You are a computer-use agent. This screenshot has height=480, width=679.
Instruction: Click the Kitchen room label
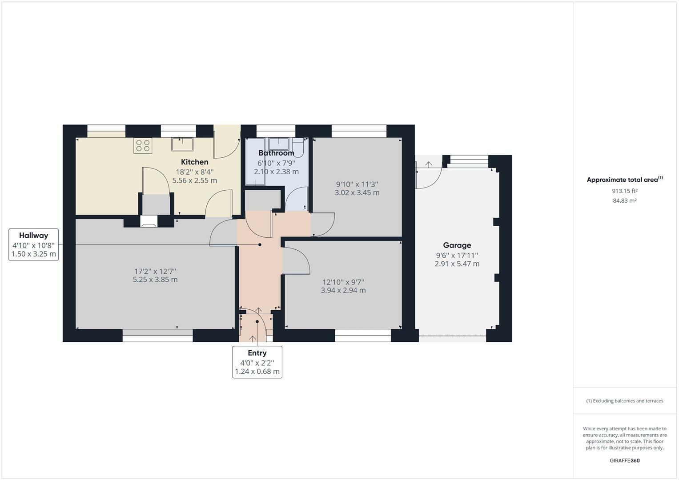click(x=194, y=162)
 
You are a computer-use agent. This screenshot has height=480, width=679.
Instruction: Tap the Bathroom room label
click(x=276, y=153)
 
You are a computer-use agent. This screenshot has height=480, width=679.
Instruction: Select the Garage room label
click(x=457, y=245)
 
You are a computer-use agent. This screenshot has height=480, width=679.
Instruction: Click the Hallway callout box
click(x=34, y=244)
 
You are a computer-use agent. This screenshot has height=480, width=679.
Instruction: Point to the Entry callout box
click(x=257, y=362)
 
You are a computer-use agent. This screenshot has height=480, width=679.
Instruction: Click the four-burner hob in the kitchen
click(x=143, y=146)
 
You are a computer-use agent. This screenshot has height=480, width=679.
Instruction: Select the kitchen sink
click(x=182, y=144)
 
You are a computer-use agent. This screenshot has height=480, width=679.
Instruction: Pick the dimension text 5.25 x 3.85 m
click(x=155, y=280)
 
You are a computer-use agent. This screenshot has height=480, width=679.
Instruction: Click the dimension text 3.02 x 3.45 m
click(x=357, y=193)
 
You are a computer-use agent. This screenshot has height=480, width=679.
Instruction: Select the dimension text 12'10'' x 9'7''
click(x=343, y=282)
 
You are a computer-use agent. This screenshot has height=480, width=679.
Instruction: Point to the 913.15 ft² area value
click(x=624, y=191)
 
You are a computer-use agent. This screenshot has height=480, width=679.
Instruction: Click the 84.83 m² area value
click(x=624, y=201)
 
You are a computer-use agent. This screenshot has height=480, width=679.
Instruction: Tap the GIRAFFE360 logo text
click(x=624, y=460)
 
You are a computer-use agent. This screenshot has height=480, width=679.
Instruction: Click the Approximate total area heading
click(x=624, y=180)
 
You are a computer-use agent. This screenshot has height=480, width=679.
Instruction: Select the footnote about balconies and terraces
click(x=624, y=401)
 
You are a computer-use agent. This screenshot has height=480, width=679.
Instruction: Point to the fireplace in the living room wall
click(x=149, y=221)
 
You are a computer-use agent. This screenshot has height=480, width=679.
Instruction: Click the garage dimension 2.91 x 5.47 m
click(x=457, y=264)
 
